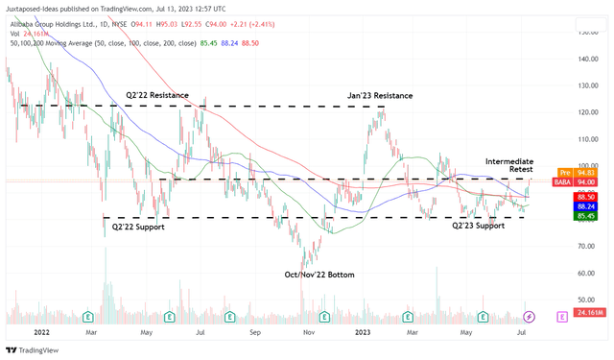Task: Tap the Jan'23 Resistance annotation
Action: tap(380, 96)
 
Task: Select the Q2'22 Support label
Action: tap(138, 227)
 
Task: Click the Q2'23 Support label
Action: tap(479, 226)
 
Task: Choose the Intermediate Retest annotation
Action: tap(509, 165)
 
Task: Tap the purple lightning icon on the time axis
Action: tap(529, 315)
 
